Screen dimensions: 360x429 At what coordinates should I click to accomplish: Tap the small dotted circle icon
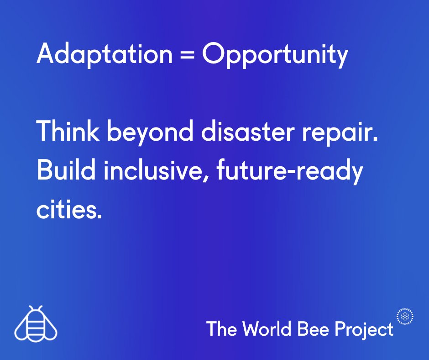tap(405, 316)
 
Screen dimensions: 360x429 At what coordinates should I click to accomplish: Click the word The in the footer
tap(222, 328)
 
